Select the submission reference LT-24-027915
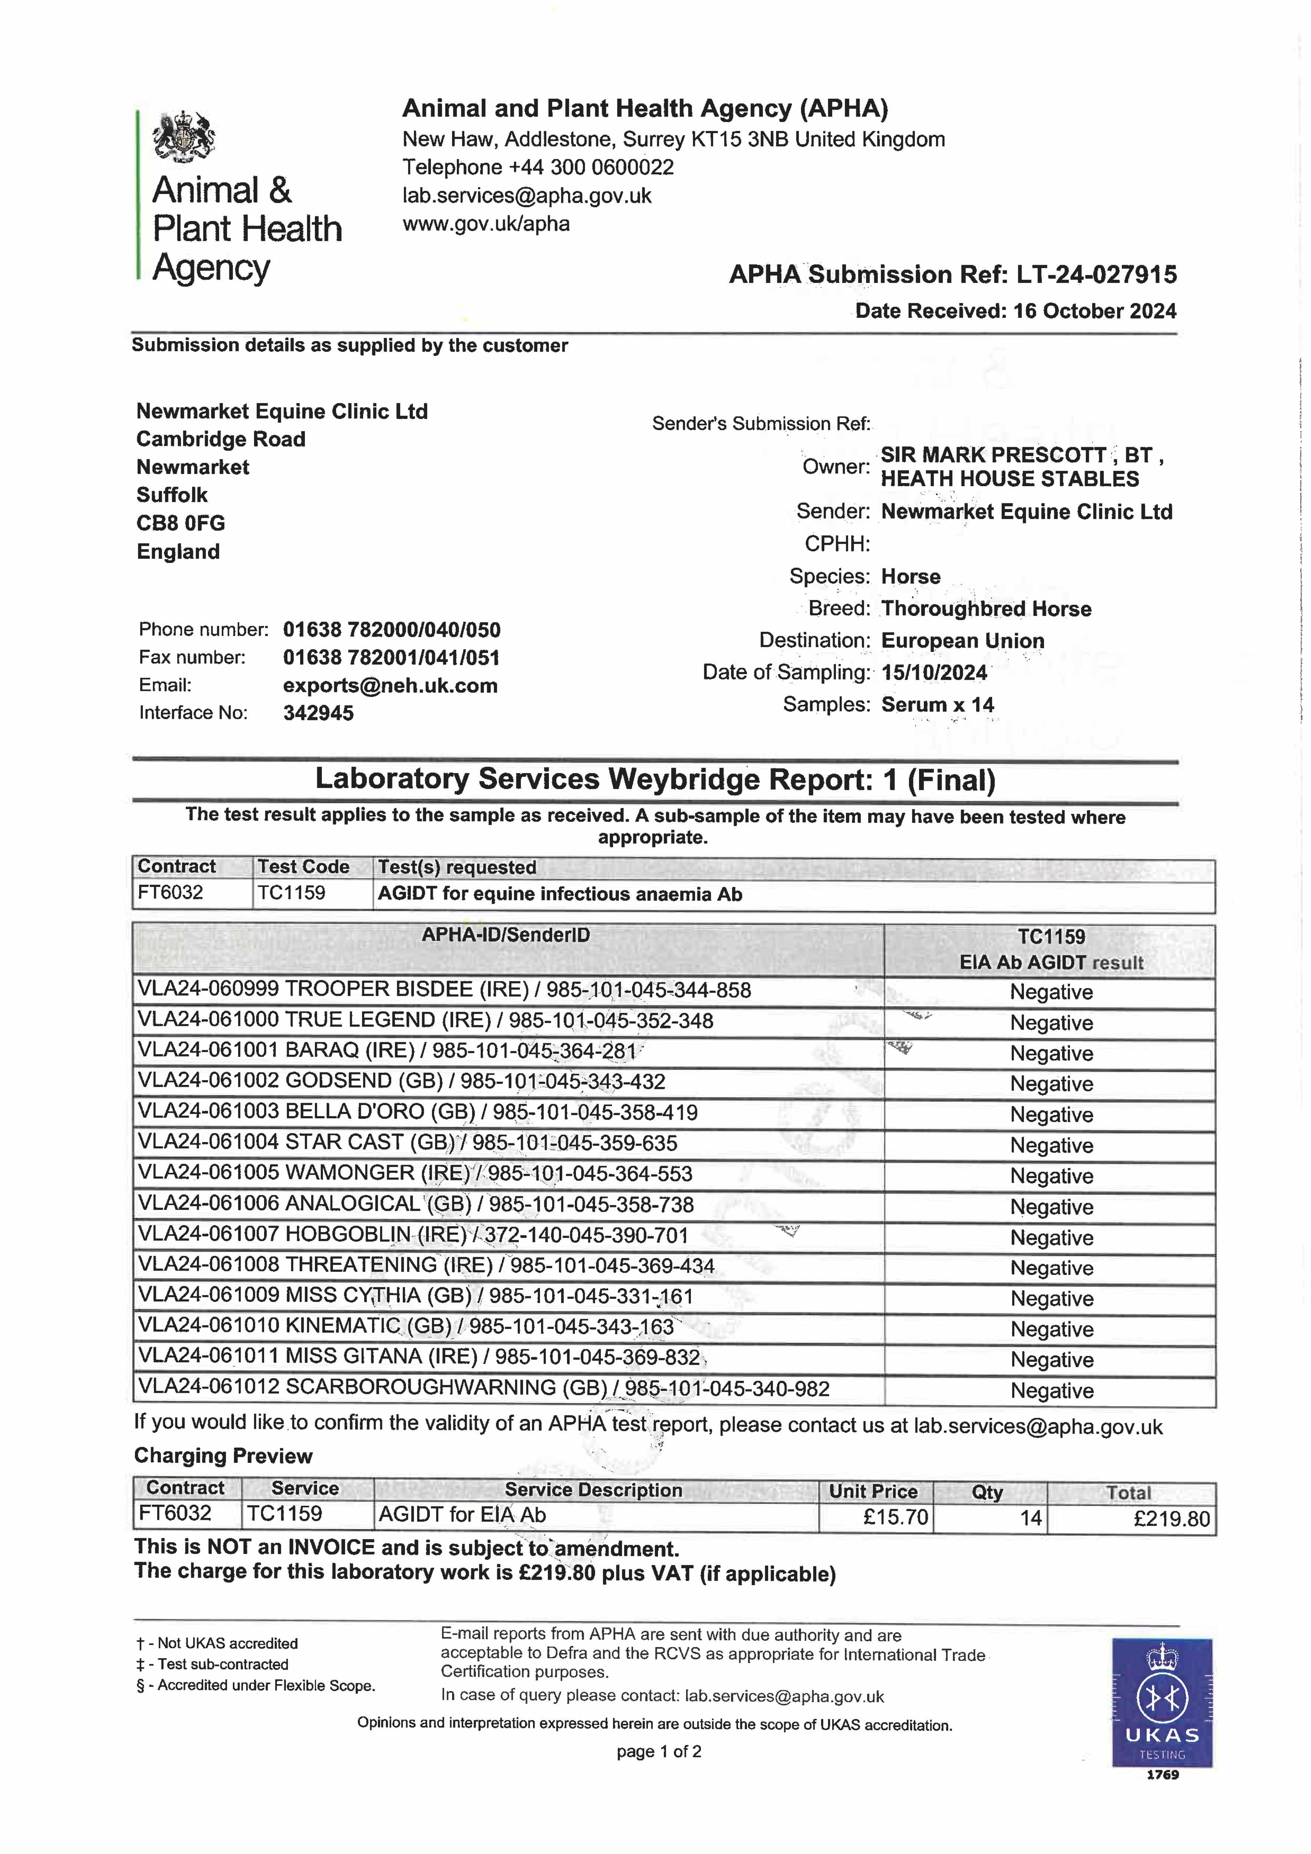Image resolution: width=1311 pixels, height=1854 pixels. pos(1096,274)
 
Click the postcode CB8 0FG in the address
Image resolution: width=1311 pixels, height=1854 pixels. pos(180,523)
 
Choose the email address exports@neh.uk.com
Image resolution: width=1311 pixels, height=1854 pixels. pos(390,686)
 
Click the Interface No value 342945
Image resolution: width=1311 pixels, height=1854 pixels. pos(318,713)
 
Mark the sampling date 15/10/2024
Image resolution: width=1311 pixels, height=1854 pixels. pos(934,673)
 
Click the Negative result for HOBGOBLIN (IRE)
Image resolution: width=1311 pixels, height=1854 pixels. pos(1051,1238)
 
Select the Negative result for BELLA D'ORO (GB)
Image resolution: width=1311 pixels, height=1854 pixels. pos(1051,1115)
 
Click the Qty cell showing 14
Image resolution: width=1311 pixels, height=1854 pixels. pos(1030,1518)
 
